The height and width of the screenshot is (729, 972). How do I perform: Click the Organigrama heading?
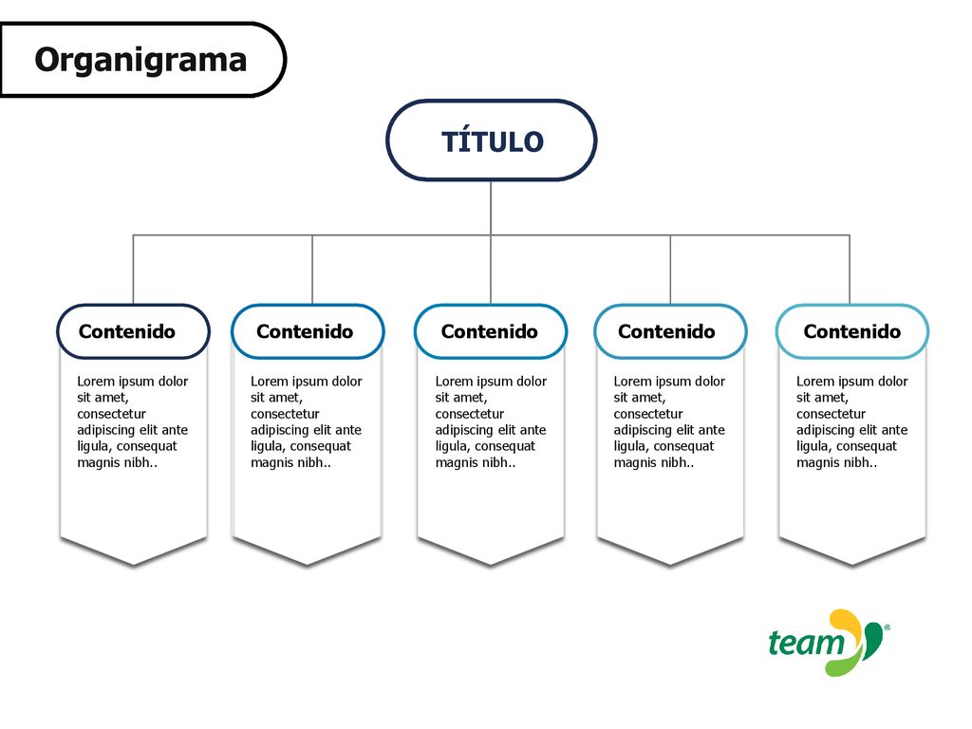click(x=140, y=60)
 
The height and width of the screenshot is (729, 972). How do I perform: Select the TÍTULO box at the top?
click(x=492, y=140)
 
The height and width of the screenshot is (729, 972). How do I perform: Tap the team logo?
click(x=829, y=643)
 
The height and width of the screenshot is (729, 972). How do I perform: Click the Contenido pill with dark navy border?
click(x=133, y=331)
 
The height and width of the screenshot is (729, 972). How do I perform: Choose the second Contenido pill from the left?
click(x=308, y=331)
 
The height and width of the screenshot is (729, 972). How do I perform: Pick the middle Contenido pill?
click(x=491, y=331)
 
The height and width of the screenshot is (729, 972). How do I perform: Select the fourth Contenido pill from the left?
click(x=670, y=331)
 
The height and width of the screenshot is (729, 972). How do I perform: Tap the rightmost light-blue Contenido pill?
click(x=852, y=331)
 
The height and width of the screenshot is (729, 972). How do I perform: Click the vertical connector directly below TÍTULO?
click(x=491, y=208)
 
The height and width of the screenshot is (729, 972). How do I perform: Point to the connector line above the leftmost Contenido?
click(x=133, y=269)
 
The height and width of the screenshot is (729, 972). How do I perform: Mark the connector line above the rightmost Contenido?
click(x=850, y=269)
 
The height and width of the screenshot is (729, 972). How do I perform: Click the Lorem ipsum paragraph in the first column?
click(x=133, y=421)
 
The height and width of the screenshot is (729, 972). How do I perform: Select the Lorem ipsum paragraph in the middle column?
click(x=491, y=421)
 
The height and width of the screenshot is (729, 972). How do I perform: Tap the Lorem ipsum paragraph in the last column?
click(x=852, y=421)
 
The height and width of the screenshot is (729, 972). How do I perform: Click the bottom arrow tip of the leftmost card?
click(x=133, y=565)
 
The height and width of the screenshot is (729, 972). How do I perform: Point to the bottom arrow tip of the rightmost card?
click(x=851, y=565)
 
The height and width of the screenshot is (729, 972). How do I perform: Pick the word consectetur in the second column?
click(x=285, y=414)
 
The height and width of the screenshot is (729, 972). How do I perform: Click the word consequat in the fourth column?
click(x=683, y=446)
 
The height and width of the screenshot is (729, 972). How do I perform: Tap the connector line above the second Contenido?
click(x=312, y=269)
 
